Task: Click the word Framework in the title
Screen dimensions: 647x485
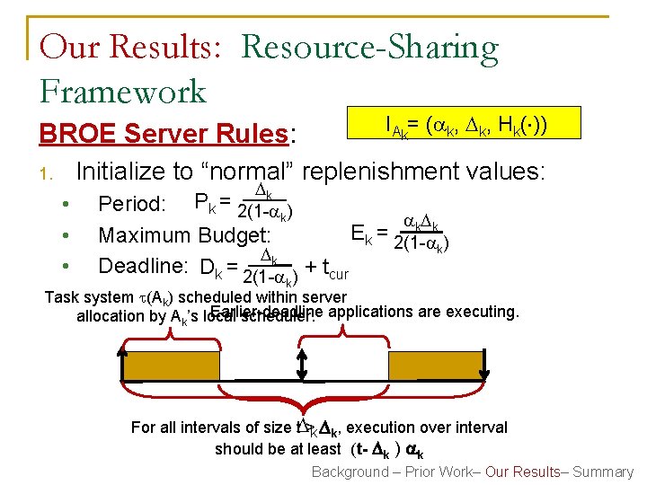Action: click(x=123, y=91)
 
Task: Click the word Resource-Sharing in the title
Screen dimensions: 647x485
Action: click(x=370, y=46)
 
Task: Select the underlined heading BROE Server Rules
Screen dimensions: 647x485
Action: click(x=162, y=134)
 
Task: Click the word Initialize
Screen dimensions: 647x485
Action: click(x=121, y=170)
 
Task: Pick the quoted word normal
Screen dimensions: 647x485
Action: click(x=256, y=170)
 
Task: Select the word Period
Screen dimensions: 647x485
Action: click(x=131, y=205)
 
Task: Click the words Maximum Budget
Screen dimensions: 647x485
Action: click(x=184, y=235)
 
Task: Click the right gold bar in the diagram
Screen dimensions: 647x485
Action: click(x=394, y=366)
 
